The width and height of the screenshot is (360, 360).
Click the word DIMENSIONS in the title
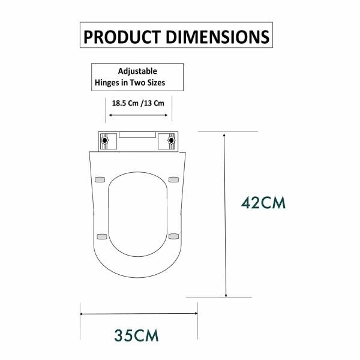214,36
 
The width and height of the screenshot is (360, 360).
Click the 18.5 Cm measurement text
124,103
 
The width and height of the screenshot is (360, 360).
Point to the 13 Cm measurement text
153,103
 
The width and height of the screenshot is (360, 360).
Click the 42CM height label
263,202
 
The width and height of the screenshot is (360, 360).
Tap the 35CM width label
138,334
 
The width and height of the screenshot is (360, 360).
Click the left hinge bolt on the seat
105,142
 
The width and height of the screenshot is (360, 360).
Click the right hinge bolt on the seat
172,142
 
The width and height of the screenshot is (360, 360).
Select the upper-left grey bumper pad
100,178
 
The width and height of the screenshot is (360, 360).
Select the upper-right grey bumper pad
175,178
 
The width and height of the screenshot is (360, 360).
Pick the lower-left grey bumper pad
101,236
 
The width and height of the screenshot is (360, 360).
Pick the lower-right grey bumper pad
174,236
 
